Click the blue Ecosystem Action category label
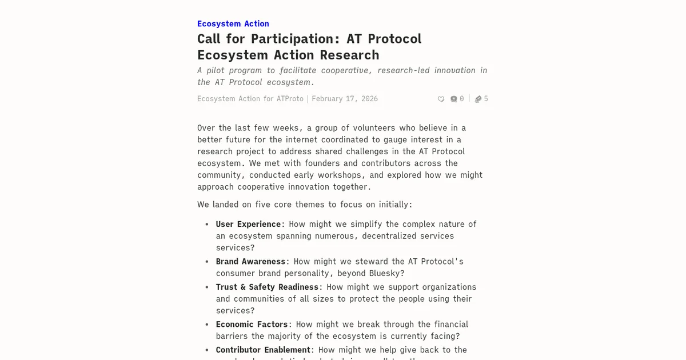[x=233, y=23]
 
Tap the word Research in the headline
[x=349, y=55]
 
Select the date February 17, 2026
[x=345, y=99]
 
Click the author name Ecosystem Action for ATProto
[x=250, y=99]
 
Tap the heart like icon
[x=441, y=99]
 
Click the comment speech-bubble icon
[x=453, y=99]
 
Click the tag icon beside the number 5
[x=478, y=99]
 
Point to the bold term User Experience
[x=248, y=224]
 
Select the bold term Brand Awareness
[x=250, y=261]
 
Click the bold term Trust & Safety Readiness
[x=267, y=287]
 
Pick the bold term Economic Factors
[x=252, y=324]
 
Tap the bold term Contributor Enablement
[x=263, y=350]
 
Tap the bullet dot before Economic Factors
[x=207, y=324]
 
